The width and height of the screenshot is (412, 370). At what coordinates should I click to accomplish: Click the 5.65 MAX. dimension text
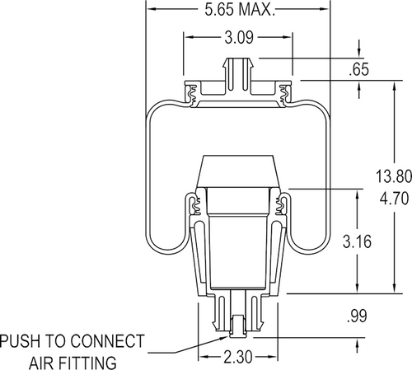click(x=238, y=10)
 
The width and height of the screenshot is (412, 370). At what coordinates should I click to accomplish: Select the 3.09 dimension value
click(x=239, y=37)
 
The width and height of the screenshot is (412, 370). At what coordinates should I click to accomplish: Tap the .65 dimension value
click(x=358, y=71)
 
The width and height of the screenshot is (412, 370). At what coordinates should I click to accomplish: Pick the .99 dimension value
click(x=358, y=314)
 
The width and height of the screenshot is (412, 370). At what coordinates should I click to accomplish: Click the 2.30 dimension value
click(x=238, y=359)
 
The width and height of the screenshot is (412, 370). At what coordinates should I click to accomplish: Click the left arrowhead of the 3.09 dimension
click(x=188, y=37)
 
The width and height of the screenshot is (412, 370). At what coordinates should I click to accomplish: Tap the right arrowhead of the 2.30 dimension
click(x=275, y=359)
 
